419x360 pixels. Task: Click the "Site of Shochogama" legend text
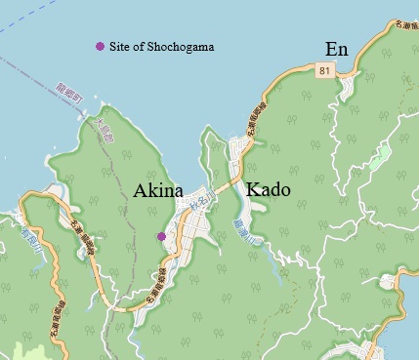161,47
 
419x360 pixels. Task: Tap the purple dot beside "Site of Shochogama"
99,47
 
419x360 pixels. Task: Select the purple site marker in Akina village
161,236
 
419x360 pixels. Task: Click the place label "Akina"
157,191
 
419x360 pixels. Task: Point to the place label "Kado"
266,189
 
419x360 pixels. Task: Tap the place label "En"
337,49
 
